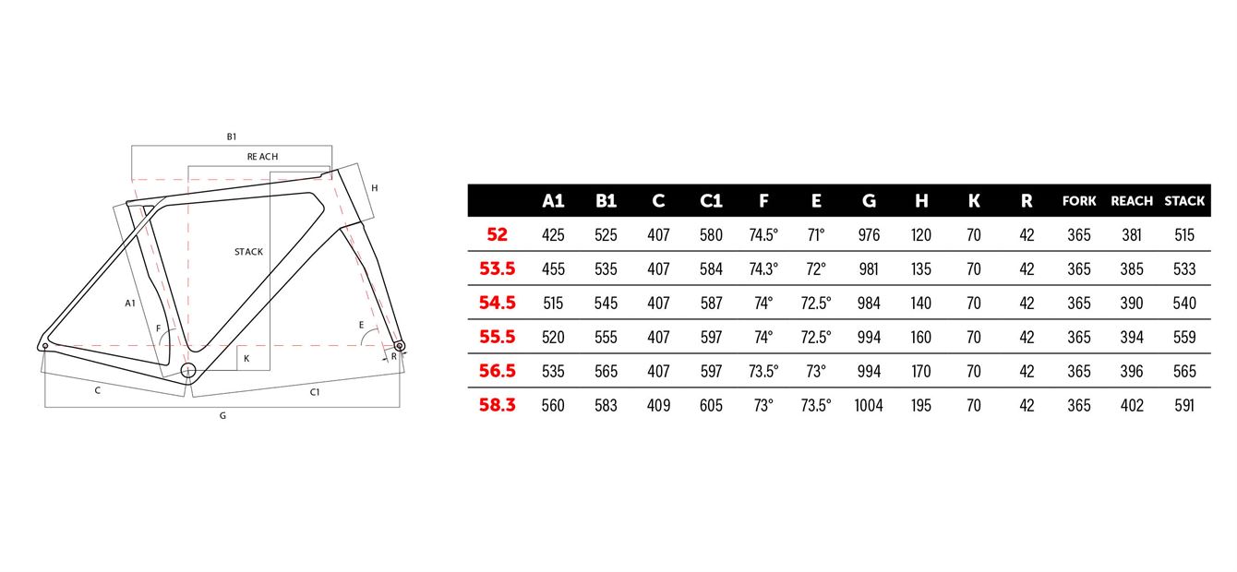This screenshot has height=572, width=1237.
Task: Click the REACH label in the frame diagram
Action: (x=262, y=157)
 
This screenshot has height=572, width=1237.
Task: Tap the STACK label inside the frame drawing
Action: (x=248, y=252)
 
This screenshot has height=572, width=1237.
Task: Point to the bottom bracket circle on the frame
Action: (x=188, y=370)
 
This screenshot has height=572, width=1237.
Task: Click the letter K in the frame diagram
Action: (x=246, y=358)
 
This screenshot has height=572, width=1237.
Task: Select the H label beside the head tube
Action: (x=375, y=188)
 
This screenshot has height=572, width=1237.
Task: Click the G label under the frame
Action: (x=222, y=416)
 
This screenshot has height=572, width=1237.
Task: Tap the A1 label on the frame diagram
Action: (x=130, y=304)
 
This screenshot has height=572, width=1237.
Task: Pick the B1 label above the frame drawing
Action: (x=232, y=137)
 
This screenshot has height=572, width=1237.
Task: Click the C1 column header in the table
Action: (x=711, y=201)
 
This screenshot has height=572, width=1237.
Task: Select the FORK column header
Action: (x=1079, y=201)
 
